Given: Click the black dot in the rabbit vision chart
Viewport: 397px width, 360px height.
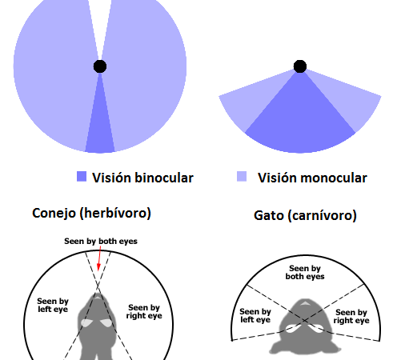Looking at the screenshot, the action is (x=100, y=66).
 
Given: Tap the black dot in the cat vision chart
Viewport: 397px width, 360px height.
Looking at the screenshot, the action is (x=300, y=66).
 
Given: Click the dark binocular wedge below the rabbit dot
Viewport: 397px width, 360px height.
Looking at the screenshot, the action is (x=100, y=126).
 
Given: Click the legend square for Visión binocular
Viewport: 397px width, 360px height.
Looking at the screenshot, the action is (x=82, y=177).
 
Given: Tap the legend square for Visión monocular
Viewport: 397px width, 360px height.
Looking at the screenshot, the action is (x=242, y=177).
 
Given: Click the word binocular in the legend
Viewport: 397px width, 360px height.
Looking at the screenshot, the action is (x=164, y=178).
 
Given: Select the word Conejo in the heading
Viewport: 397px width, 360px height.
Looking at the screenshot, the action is (x=54, y=214).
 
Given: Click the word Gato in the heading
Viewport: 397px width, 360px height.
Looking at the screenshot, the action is (x=269, y=215).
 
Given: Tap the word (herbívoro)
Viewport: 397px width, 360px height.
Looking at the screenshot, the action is (x=115, y=214).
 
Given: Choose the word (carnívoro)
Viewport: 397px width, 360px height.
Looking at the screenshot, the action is (x=322, y=215).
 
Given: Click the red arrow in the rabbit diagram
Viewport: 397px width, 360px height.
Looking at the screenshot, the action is (x=99, y=258).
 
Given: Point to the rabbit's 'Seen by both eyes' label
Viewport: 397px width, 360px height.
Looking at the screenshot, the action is (x=101, y=242).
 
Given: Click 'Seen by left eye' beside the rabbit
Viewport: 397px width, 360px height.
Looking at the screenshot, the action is (x=53, y=306).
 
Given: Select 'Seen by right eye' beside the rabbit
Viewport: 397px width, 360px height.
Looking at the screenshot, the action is (x=144, y=311).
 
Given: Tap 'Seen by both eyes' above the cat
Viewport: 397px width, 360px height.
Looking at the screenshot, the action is (x=305, y=272).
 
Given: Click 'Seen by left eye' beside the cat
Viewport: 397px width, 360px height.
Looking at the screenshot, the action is (x=255, y=315).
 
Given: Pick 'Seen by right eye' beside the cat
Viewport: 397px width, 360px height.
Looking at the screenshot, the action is (x=351, y=316).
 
